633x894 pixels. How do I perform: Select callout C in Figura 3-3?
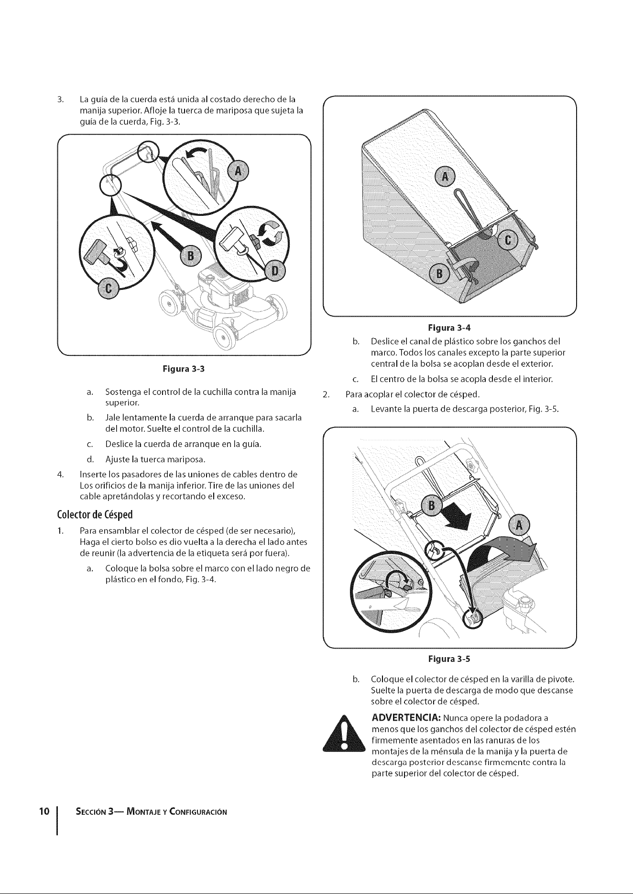coord(108,289)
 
